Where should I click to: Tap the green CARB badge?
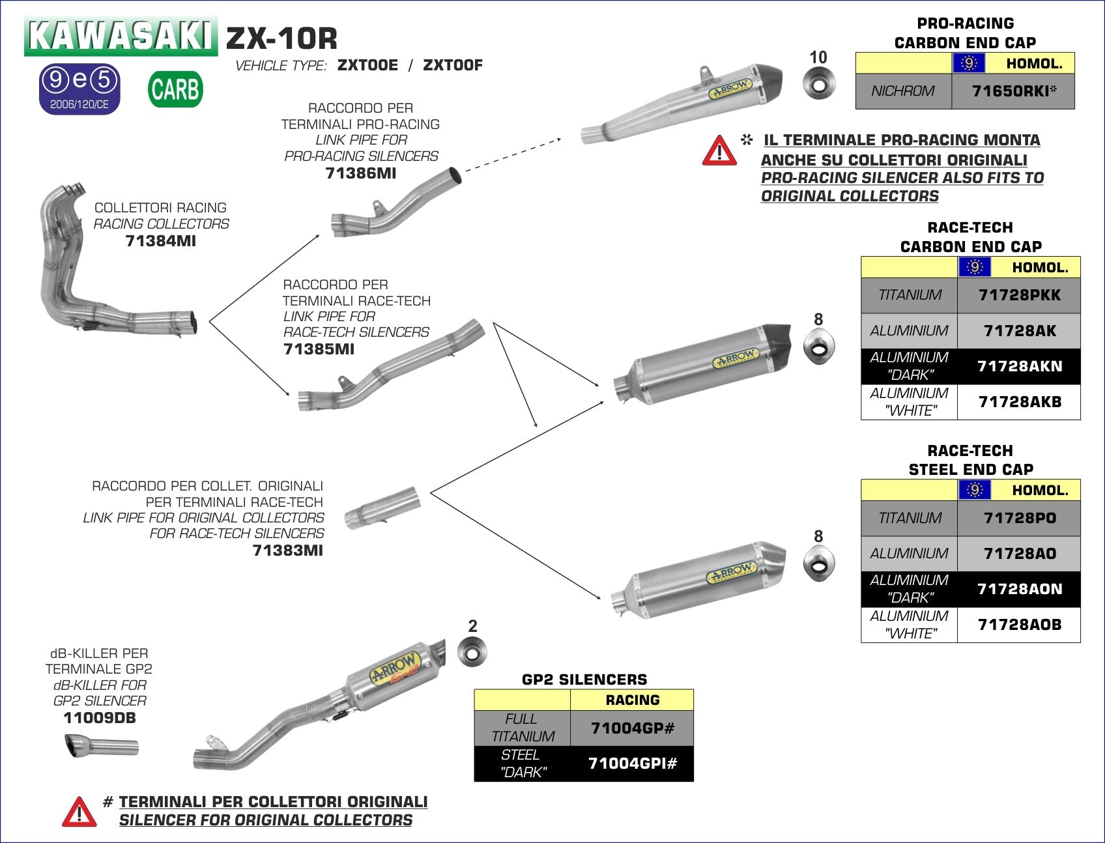point(175,89)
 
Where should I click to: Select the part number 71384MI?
point(160,241)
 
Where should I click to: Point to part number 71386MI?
point(360,173)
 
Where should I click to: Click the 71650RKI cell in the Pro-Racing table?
point(1013,91)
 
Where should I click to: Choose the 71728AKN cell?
point(1019,366)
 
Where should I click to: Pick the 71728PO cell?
point(1019,518)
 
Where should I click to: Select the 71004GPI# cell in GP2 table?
point(632,764)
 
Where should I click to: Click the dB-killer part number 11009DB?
point(100,718)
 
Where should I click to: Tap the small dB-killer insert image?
point(101,747)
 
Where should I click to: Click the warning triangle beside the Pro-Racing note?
point(719,150)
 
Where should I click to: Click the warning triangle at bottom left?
point(79,812)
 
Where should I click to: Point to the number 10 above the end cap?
point(818,57)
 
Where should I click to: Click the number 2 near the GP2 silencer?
point(472,626)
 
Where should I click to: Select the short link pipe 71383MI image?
point(382,507)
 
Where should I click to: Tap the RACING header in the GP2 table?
point(632,700)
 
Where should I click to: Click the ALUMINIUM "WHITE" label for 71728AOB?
point(909,625)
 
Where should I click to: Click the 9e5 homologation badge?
point(80,88)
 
